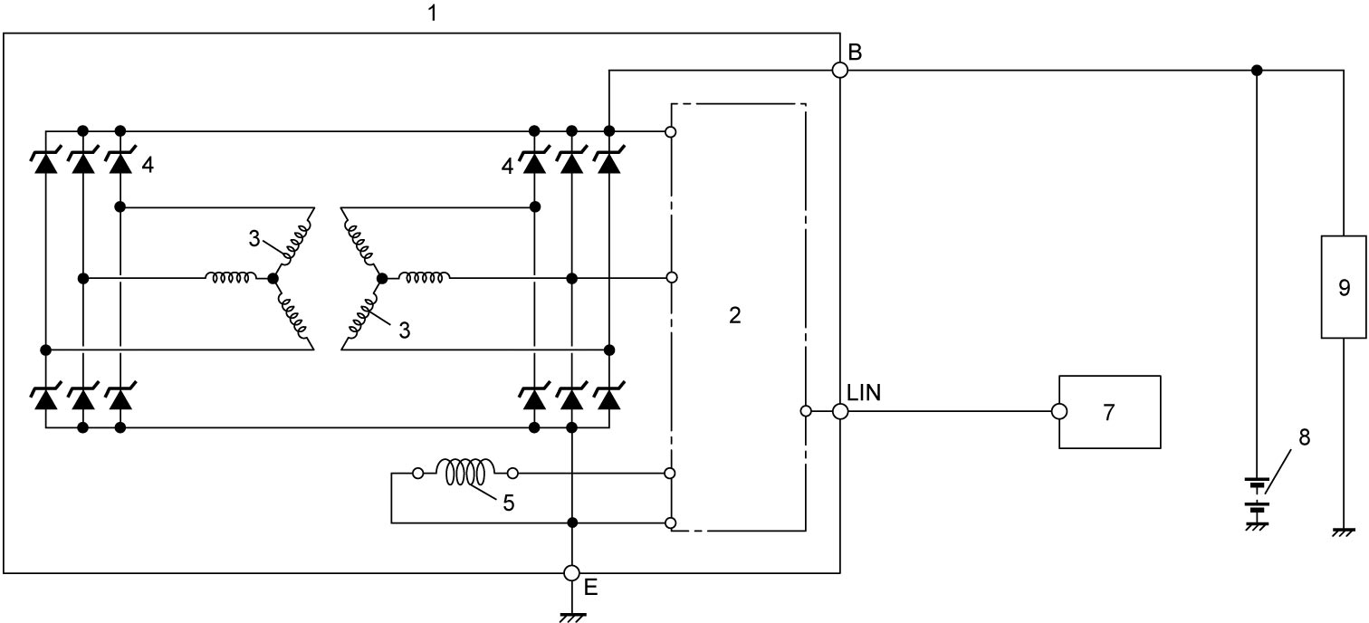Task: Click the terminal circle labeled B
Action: coord(840,70)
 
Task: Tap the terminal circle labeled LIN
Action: coord(840,411)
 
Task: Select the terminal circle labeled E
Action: coord(571,573)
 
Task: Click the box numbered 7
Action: coord(1110,412)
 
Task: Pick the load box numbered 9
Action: coord(1344,287)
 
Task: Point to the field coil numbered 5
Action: coord(465,472)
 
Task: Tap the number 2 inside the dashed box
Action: coord(734,315)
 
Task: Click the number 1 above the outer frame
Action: coord(433,13)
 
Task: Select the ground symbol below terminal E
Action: coord(572,618)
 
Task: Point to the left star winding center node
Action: coord(273,279)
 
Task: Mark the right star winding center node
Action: coord(382,279)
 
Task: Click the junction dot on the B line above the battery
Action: coord(1257,71)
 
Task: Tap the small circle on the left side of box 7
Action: coord(1059,411)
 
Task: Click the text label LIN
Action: coord(864,392)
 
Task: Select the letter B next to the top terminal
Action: coord(855,53)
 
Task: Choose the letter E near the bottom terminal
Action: coord(590,588)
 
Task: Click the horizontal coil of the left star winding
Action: coord(230,278)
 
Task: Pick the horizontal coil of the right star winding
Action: coord(424,278)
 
